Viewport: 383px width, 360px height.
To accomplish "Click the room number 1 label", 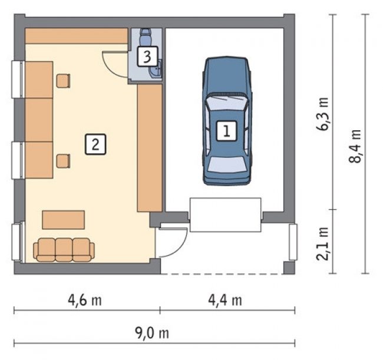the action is (x=227, y=131).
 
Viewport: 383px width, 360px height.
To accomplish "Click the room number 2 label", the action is (x=95, y=144).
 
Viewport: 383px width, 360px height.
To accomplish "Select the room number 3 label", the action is (x=147, y=57).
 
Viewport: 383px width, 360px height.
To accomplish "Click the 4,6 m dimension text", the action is (x=84, y=300).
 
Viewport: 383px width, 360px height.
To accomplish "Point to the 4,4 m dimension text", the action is (x=225, y=300).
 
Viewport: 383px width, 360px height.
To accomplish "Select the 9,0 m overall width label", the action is (x=152, y=333).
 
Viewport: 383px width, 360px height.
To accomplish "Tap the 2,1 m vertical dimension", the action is (x=322, y=243).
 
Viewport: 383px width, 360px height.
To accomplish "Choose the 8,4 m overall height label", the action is (x=355, y=146).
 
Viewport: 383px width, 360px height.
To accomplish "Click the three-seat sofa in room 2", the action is (x=64, y=250).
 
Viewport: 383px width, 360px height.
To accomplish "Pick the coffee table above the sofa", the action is (x=64, y=220).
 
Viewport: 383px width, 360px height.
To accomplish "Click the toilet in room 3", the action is (x=146, y=36).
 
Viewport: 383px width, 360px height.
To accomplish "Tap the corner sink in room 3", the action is (x=156, y=69).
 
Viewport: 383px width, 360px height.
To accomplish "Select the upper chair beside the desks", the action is (x=63, y=81).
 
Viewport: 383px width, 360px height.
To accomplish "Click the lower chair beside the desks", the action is (x=63, y=161).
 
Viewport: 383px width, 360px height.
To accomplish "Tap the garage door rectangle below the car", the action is (x=226, y=215).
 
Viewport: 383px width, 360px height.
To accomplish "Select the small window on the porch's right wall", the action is (x=293, y=242).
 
